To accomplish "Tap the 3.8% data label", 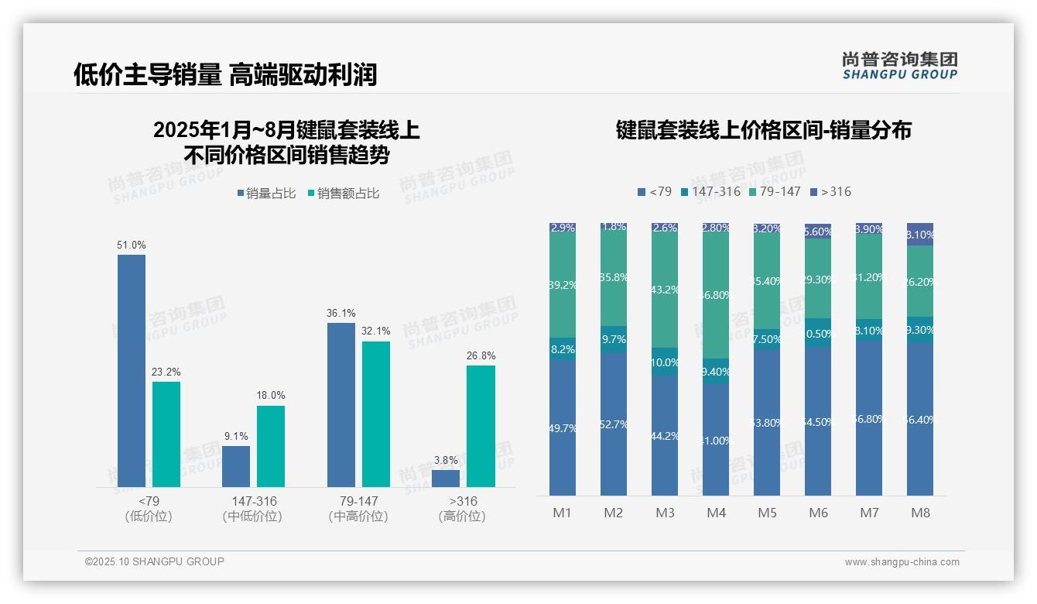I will pos(446,460).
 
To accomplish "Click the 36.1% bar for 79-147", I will pos(341,404).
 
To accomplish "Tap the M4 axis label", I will pos(716,513).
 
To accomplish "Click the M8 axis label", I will pos(920,513).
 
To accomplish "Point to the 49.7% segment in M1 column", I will pos(563,427).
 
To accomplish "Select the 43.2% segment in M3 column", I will pos(665,290).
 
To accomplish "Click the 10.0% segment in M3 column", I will pos(665,362).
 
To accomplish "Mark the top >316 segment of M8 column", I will pos(920,234).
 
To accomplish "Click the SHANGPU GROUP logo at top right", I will pos(899,65).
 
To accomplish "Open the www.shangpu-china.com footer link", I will pos(902,562).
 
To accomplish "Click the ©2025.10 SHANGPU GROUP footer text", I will pos(155,561).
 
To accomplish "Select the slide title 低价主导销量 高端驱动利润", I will pos(225,74).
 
